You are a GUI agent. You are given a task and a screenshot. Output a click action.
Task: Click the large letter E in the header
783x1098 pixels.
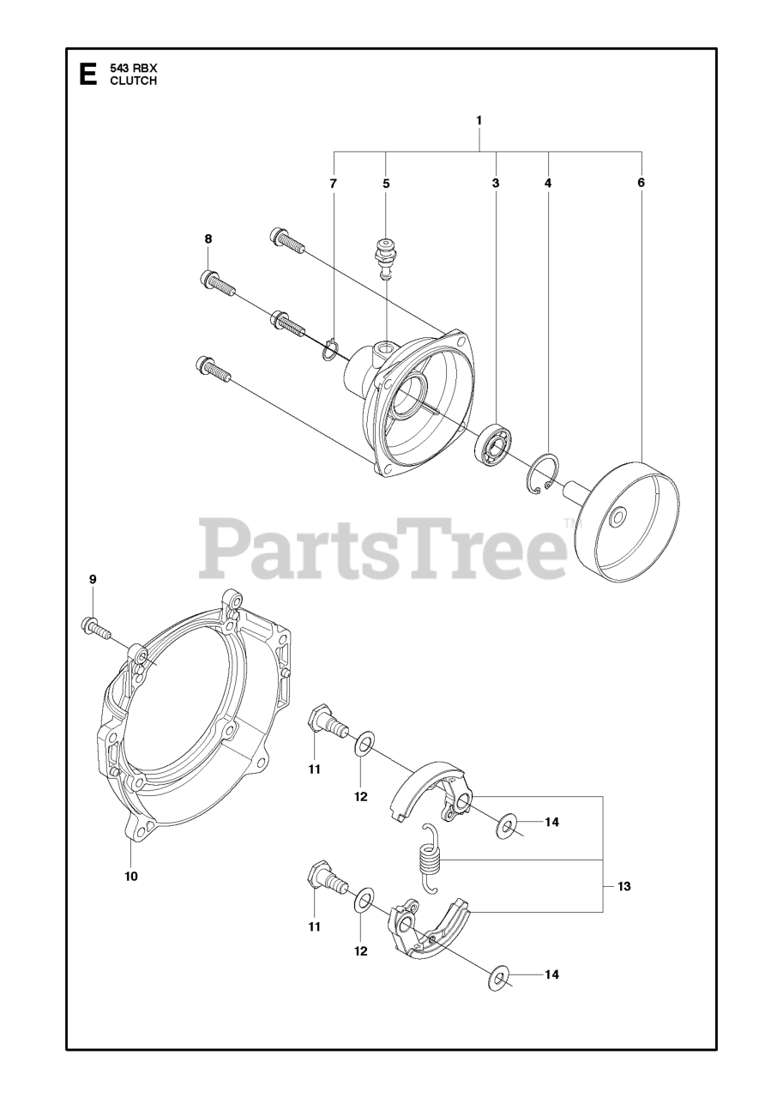[87, 75]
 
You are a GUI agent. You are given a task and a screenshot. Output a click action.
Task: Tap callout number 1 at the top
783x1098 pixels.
[479, 121]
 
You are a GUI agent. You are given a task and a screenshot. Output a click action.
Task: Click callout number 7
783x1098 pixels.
[334, 184]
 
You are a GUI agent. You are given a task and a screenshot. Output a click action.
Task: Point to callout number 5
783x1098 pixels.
[386, 184]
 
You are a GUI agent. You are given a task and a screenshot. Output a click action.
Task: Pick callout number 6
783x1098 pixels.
[641, 184]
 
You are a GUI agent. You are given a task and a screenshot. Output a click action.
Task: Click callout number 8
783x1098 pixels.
[208, 238]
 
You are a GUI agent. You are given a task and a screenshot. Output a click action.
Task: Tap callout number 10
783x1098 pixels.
[130, 876]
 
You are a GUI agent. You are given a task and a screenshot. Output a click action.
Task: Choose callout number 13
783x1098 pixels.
[623, 886]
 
